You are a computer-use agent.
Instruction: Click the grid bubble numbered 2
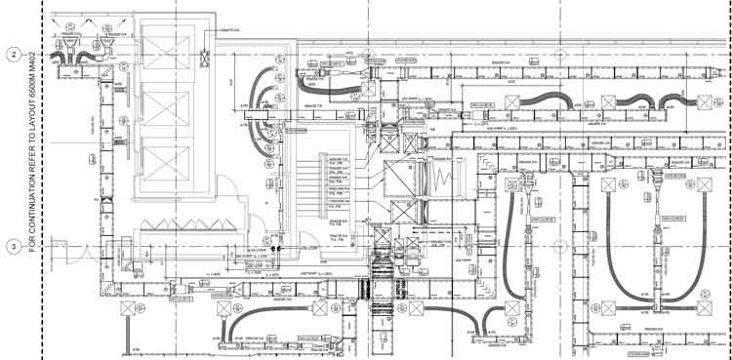[14, 55]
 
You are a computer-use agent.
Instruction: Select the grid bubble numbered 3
[14, 246]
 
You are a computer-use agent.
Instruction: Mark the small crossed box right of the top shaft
[206, 59]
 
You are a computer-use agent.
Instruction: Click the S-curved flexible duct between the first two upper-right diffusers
[548, 100]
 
